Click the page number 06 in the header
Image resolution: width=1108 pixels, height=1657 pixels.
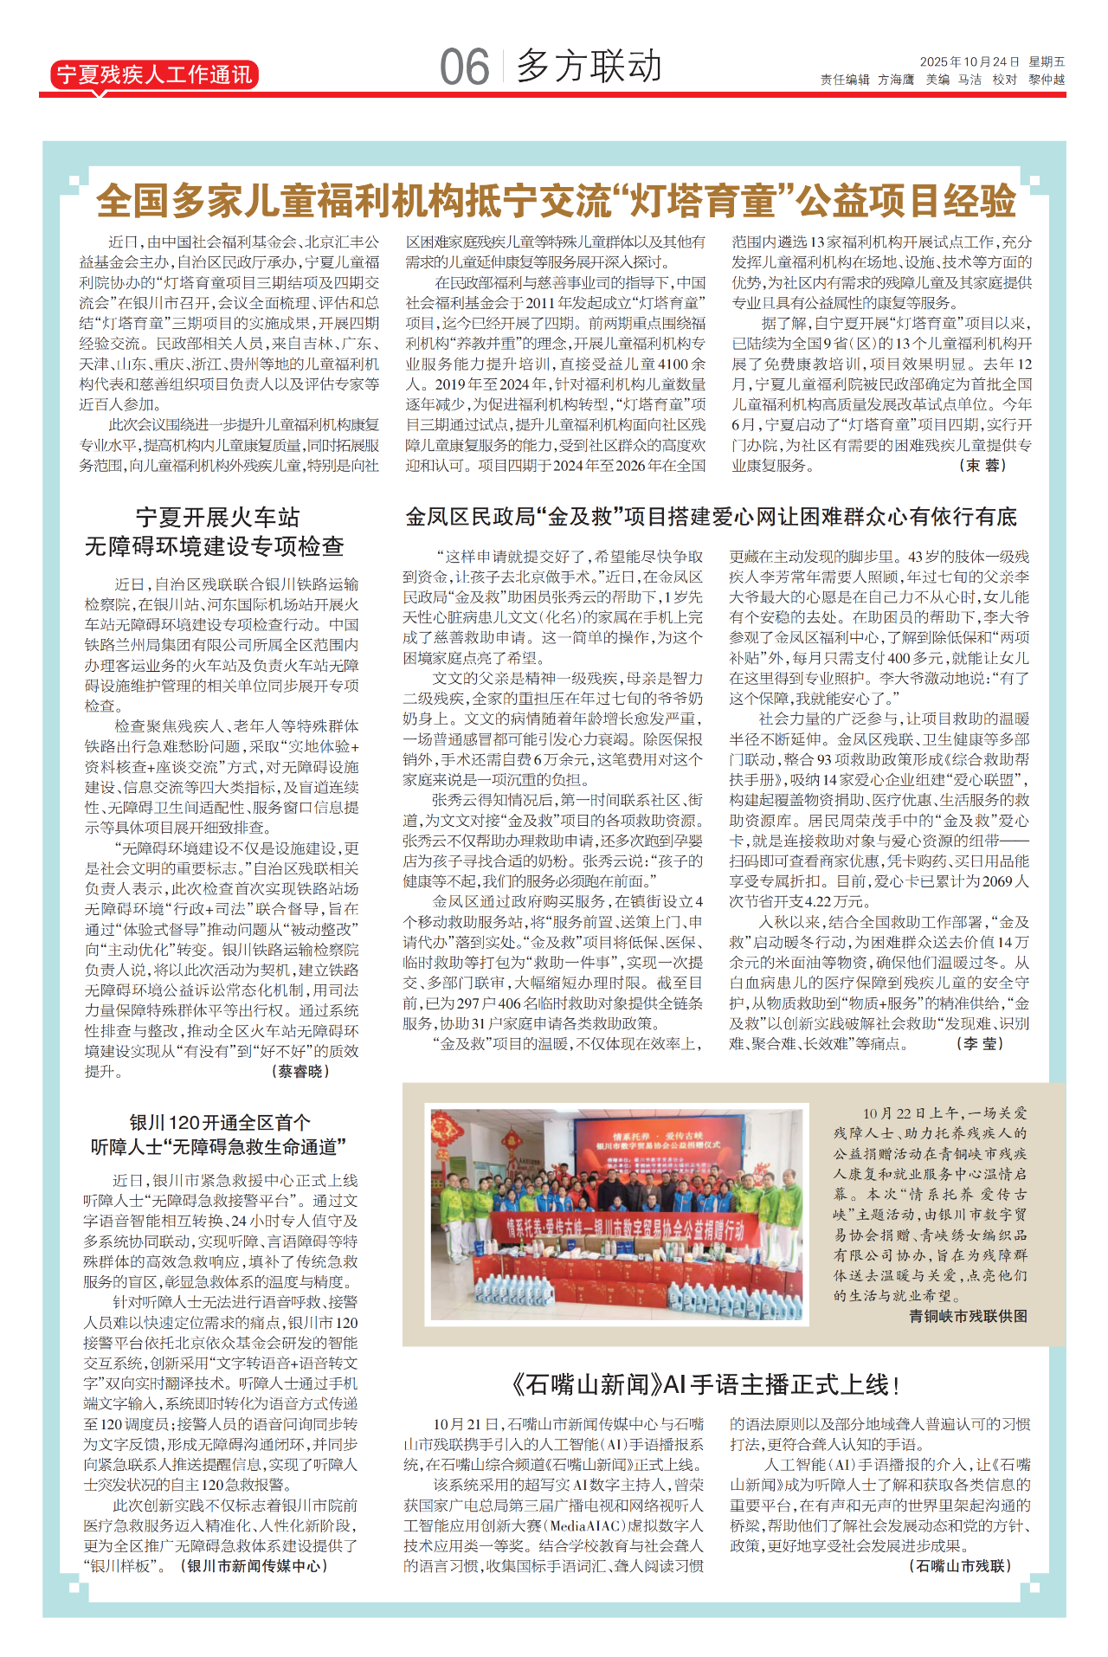[x=464, y=67]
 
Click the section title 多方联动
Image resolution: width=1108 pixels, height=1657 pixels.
[x=589, y=67]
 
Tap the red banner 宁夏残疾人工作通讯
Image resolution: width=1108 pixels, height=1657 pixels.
[x=153, y=75]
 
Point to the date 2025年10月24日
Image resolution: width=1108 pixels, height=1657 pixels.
[x=969, y=62]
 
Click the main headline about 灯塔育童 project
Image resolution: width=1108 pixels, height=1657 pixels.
[x=555, y=201]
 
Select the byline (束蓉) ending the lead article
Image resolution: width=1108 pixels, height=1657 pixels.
[x=982, y=466]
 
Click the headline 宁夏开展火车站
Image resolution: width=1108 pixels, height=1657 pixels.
[x=217, y=518]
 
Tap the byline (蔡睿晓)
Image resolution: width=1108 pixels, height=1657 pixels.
[x=300, y=1072]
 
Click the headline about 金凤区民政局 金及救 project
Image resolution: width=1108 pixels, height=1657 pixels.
[x=711, y=518]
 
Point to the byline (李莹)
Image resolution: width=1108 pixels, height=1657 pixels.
[x=980, y=1044]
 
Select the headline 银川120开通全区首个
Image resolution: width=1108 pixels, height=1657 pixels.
[x=220, y=1123]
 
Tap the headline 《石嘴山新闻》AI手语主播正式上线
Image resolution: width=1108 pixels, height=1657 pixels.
[x=705, y=1385]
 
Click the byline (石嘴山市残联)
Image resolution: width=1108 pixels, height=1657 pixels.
[x=960, y=1565]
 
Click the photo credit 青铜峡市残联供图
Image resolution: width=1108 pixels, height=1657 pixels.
[x=968, y=1316]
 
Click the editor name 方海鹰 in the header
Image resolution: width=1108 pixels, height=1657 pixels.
[x=896, y=80]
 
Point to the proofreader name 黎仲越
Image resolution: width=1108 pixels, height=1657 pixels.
[x=1047, y=80]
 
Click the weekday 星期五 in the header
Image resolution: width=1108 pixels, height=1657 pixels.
[x=1047, y=62]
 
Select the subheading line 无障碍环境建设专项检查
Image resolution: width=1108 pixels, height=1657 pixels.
[x=215, y=547]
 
